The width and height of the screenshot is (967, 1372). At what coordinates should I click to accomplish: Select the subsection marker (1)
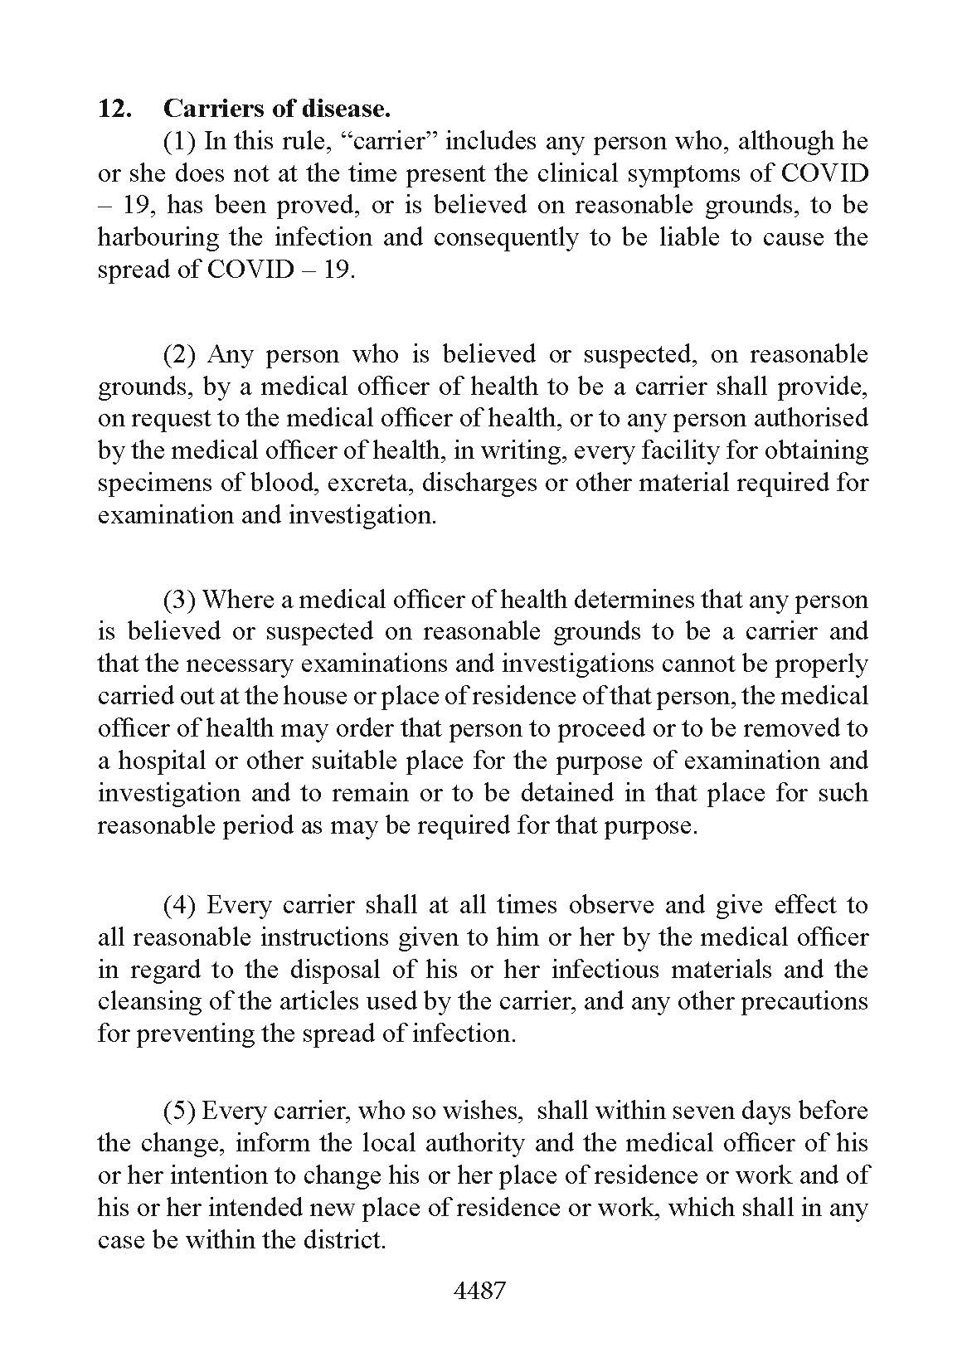179,141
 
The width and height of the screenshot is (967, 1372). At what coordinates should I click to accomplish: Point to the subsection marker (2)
179,354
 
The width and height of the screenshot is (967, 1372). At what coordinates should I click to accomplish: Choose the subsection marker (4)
179,904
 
